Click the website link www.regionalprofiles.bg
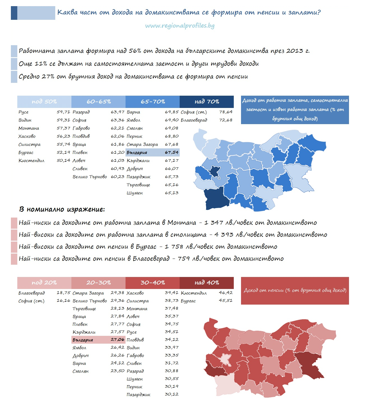click(180, 26)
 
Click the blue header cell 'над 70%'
click(206, 102)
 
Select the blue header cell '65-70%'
click(153, 102)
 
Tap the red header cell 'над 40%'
click(206, 283)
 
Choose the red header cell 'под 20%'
click(44, 283)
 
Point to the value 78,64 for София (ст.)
click(226, 112)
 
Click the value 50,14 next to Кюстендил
click(63, 160)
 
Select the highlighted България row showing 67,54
click(153, 152)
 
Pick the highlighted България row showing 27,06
click(98, 340)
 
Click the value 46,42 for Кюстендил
click(226, 293)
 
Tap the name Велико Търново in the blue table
click(90, 177)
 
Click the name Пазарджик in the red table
click(138, 395)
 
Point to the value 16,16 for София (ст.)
click(63, 300)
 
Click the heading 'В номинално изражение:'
click(62, 209)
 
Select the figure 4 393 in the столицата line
click(224, 235)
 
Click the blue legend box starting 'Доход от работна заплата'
click(295, 110)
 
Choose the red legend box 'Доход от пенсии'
click(295, 291)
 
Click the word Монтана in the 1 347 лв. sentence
click(182, 223)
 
